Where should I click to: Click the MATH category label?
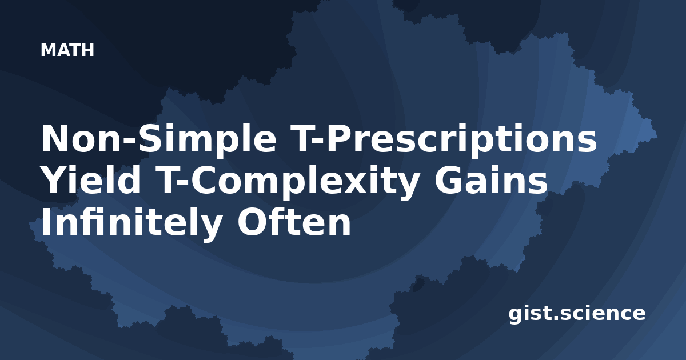click(x=67, y=50)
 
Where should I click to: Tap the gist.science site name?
click(x=577, y=314)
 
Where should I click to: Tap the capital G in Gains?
click(x=448, y=180)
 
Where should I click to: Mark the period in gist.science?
click(x=555, y=318)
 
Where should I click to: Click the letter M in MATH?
click(x=48, y=50)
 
